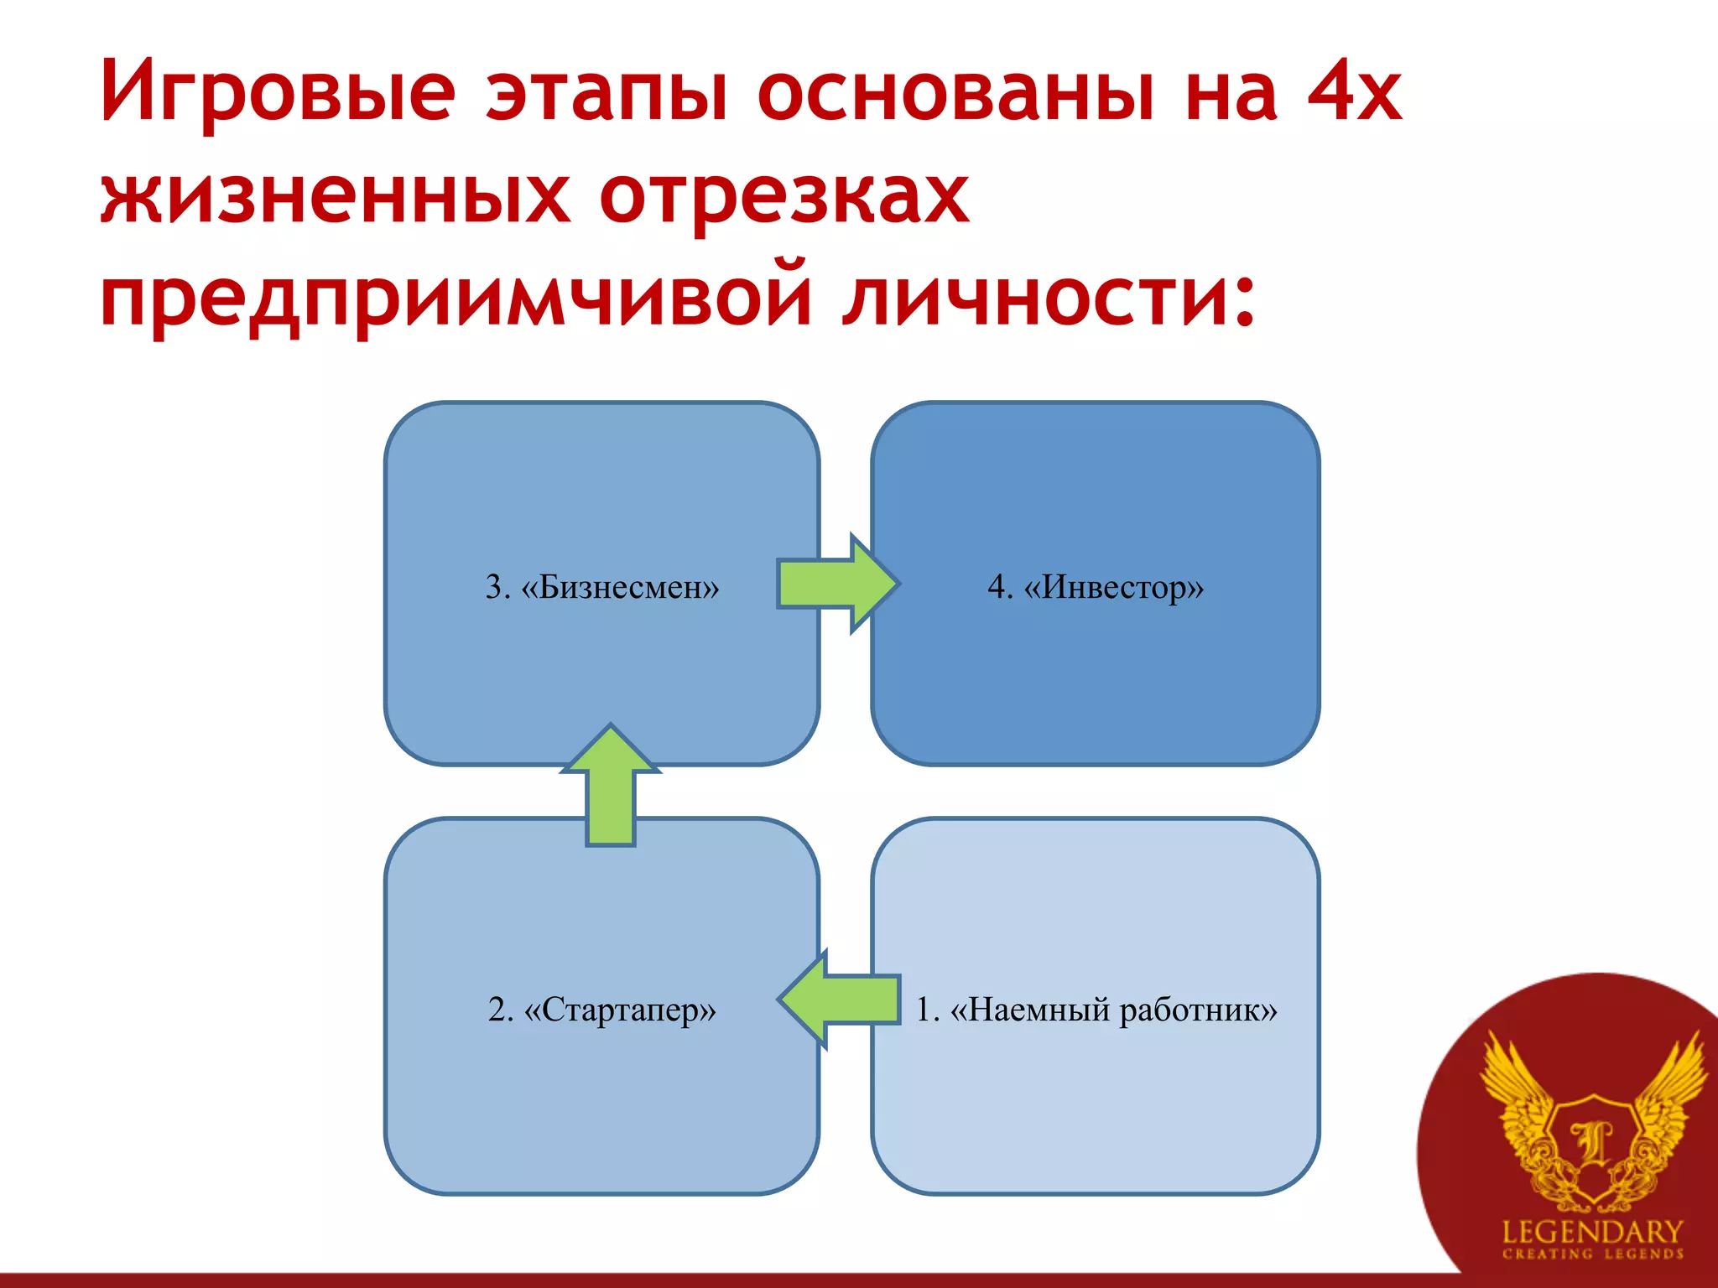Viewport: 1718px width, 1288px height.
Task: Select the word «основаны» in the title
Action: (x=955, y=92)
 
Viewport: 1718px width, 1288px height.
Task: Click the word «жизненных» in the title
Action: (x=335, y=196)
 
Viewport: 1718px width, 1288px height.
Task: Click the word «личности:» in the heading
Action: (x=1049, y=299)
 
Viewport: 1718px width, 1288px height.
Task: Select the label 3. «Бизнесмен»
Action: (x=602, y=587)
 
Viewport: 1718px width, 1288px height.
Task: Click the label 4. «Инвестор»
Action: (x=1096, y=587)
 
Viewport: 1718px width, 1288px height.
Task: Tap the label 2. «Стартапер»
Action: (x=602, y=1010)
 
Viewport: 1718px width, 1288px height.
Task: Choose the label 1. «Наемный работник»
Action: (x=1096, y=1010)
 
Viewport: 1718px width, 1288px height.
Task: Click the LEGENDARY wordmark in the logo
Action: (x=1592, y=1232)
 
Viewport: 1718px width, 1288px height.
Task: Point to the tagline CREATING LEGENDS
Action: (x=1592, y=1254)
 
